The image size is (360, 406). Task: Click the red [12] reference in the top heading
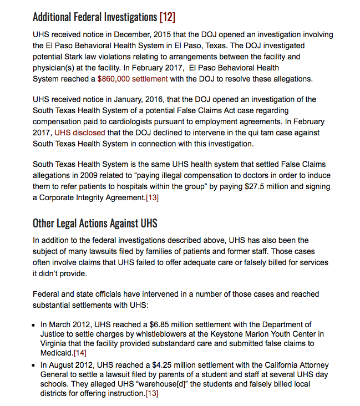(x=167, y=17)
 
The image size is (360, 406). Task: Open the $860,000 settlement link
(x=132, y=79)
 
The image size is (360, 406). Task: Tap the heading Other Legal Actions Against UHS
(x=95, y=224)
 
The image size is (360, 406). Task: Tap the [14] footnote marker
(x=81, y=353)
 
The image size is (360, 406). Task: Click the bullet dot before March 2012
(x=35, y=325)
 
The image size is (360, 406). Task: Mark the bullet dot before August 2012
(x=35, y=366)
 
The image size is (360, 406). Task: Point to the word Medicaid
(x=57, y=353)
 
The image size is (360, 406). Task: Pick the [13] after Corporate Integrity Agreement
(x=153, y=197)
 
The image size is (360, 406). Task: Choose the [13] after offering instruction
(x=151, y=394)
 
